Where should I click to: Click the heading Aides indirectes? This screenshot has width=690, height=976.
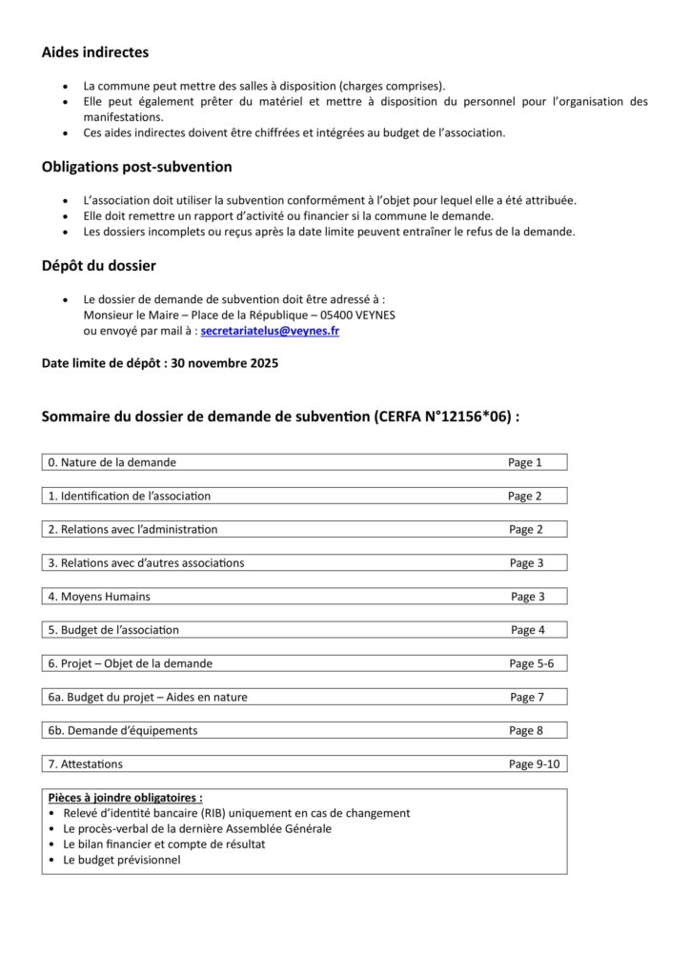95,53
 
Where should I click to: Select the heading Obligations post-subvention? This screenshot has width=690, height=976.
136,167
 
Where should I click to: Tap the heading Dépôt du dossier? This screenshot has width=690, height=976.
98,266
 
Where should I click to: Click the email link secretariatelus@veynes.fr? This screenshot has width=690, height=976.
270,331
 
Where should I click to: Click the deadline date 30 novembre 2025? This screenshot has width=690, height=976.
225,363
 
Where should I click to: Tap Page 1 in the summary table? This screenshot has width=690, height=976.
524,462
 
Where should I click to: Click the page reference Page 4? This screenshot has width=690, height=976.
527,630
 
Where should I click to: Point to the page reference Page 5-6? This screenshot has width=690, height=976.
531,663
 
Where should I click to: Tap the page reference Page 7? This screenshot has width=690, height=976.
526,697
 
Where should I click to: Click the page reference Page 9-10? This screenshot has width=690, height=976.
534,763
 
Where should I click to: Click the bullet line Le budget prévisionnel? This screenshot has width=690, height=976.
121,860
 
